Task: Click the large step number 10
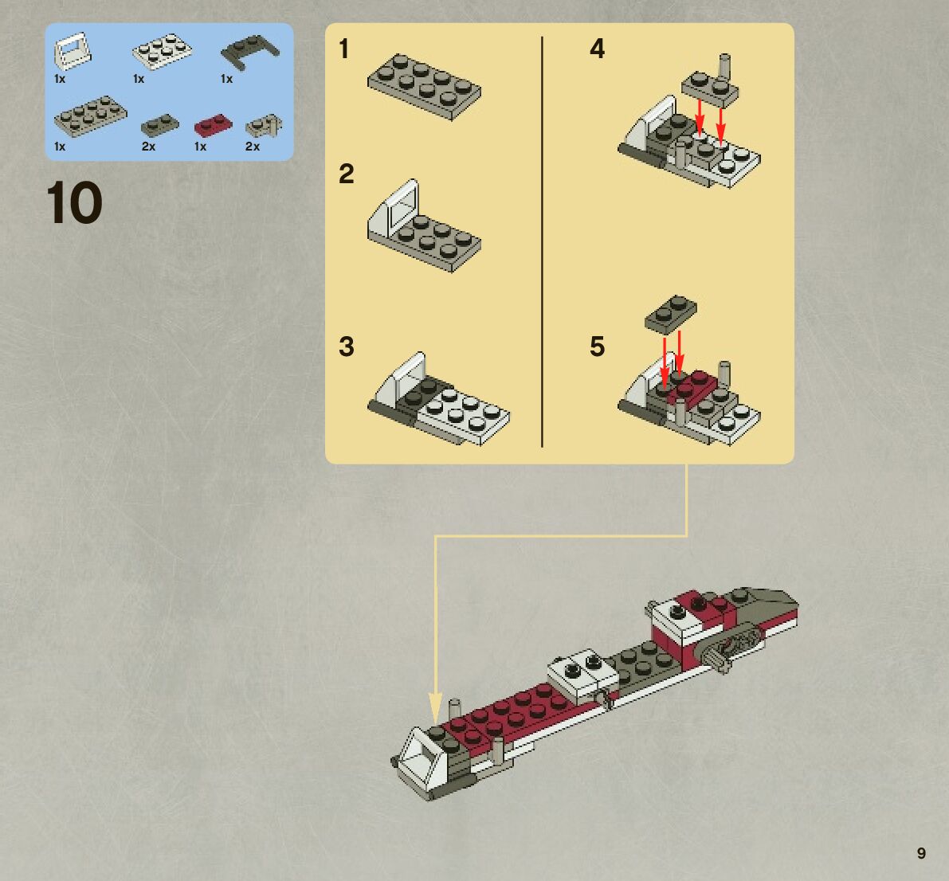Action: tap(74, 203)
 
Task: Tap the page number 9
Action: tap(921, 853)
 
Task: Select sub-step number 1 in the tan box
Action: tap(343, 49)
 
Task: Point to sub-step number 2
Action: tap(346, 174)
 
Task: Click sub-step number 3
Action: tap(346, 347)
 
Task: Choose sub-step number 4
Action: tap(597, 49)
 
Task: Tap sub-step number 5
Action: tap(597, 347)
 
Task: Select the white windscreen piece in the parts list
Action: tap(71, 51)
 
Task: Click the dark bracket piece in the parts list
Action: tap(249, 50)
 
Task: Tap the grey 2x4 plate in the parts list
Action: tap(90, 115)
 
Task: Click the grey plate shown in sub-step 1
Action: tap(423, 86)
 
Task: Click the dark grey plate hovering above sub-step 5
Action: tap(670, 313)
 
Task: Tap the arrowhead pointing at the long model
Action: tap(435, 708)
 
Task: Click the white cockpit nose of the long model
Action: tap(422, 761)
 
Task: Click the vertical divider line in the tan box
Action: tap(542, 239)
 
